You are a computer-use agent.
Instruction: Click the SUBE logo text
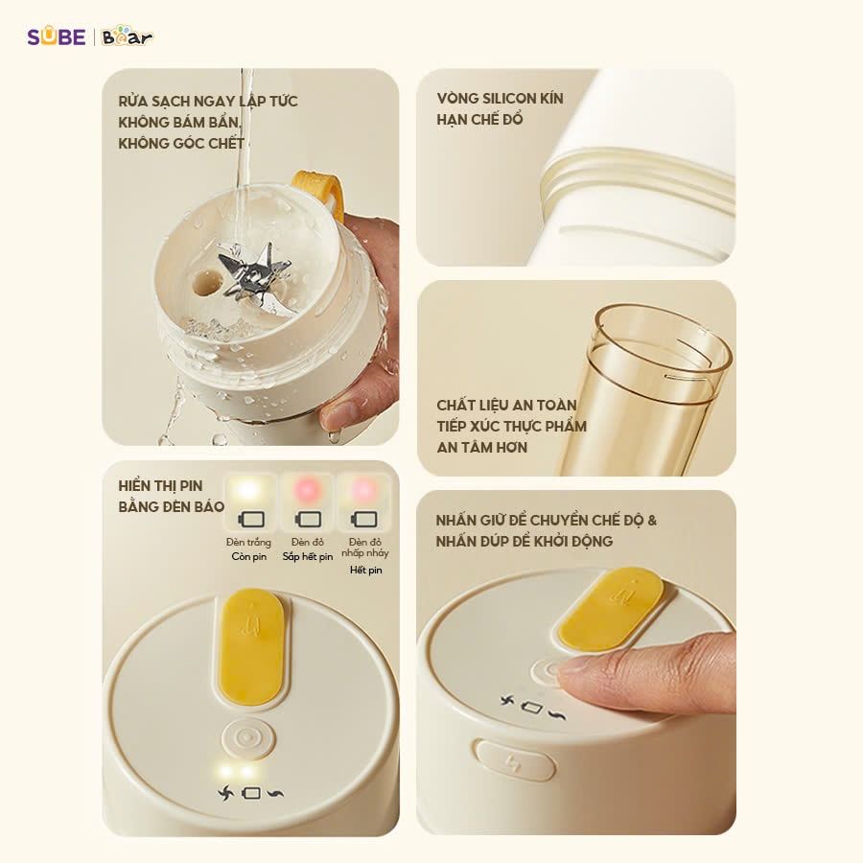pos(56,37)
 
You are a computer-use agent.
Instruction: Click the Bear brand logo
pos(127,37)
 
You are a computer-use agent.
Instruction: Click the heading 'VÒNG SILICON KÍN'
pos(500,99)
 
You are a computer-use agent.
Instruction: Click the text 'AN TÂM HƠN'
pos(481,447)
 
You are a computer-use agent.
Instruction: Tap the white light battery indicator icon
pos(250,519)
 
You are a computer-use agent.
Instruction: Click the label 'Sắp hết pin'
pos(308,556)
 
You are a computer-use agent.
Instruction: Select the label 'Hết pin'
pos(365,570)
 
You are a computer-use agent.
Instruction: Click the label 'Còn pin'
pos(249,556)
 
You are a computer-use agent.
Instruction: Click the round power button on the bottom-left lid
pos(247,739)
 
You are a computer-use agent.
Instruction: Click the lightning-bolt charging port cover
pos(514,760)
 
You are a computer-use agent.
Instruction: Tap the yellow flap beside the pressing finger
pos(611,608)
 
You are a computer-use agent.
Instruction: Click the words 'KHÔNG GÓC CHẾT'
pos(181,144)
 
